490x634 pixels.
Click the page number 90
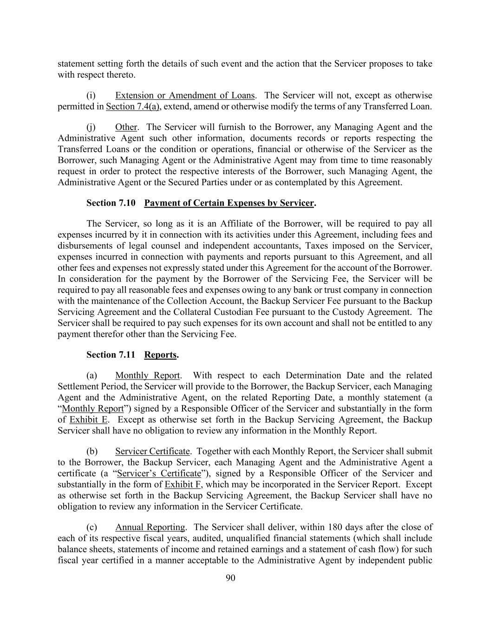230,578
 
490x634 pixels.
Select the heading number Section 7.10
111,203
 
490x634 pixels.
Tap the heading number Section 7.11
111,355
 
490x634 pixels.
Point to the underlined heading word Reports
160,355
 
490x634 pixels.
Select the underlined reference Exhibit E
89,419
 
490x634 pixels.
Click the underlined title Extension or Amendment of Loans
185,95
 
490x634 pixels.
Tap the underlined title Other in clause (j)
126,127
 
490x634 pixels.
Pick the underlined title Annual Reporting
150,527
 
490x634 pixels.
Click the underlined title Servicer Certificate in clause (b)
152,451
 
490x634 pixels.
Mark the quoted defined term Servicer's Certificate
159,473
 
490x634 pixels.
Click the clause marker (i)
91,95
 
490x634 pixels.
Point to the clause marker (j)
91,127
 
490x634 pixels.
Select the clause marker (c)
91,527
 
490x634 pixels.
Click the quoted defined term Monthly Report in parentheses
93,408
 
